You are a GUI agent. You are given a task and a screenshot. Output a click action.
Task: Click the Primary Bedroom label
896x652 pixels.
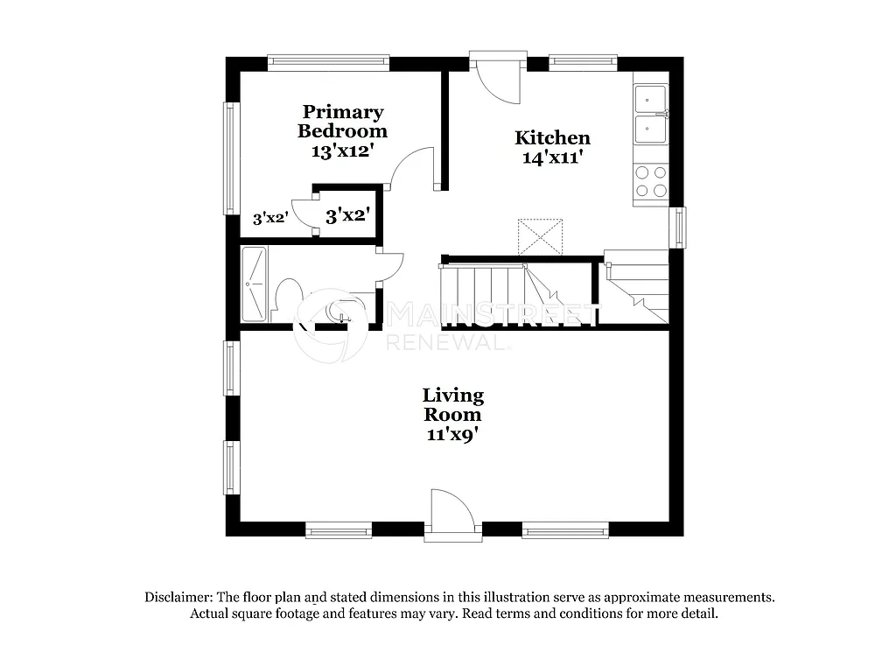coord(342,122)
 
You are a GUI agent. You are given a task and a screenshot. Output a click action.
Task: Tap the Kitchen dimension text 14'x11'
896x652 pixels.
coord(551,158)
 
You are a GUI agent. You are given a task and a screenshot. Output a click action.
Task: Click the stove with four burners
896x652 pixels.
coord(650,182)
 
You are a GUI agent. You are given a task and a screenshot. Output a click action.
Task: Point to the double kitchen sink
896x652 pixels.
coord(650,114)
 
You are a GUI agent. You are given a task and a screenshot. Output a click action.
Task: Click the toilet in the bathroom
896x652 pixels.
coord(286,295)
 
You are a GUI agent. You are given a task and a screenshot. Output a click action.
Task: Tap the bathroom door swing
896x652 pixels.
coord(389,268)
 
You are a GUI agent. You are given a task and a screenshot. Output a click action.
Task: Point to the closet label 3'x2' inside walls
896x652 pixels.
coord(347,215)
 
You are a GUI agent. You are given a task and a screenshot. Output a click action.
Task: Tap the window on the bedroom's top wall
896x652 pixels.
coord(328,63)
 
